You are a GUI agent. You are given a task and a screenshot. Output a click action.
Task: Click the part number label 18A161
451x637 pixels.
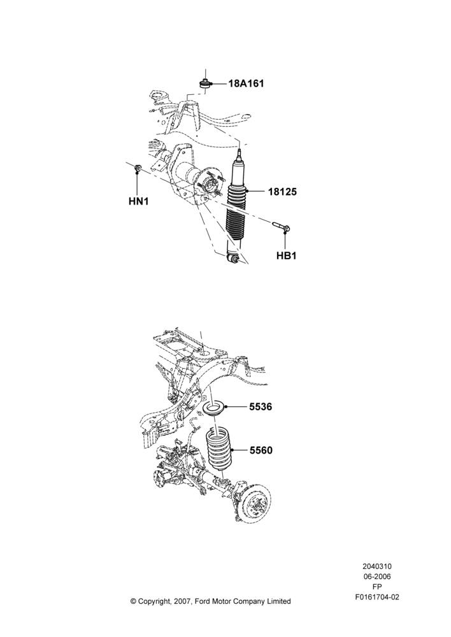pyautogui.click(x=246, y=83)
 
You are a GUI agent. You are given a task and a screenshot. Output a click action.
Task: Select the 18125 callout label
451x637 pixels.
pyautogui.click(x=282, y=192)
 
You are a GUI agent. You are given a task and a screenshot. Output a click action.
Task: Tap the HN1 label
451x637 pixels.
pyautogui.click(x=139, y=201)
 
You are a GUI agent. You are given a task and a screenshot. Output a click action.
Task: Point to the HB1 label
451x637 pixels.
pyautogui.click(x=287, y=256)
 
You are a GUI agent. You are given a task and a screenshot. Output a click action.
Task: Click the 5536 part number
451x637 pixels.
pyautogui.click(x=261, y=406)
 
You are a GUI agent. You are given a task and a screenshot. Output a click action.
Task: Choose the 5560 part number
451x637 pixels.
pyautogui.click(x=261, y=450)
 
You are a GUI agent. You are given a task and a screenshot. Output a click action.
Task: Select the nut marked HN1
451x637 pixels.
pyautogui.click(x=138, y=167)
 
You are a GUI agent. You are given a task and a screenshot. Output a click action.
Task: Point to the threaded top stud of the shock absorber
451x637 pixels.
pyautogui.click(x=240, y=155)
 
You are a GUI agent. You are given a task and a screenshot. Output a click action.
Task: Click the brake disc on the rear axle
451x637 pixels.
pyautogui.click(x=254, y=501)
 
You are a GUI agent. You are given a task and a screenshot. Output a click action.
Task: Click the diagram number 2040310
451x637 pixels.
pyautogui.click(x=376, y=566)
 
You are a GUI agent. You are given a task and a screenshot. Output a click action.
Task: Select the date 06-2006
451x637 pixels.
pyautogui.click(x=376, y=576)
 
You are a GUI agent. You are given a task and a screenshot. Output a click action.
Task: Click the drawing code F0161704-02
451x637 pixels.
pyautogui.click(x=376, y=597)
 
